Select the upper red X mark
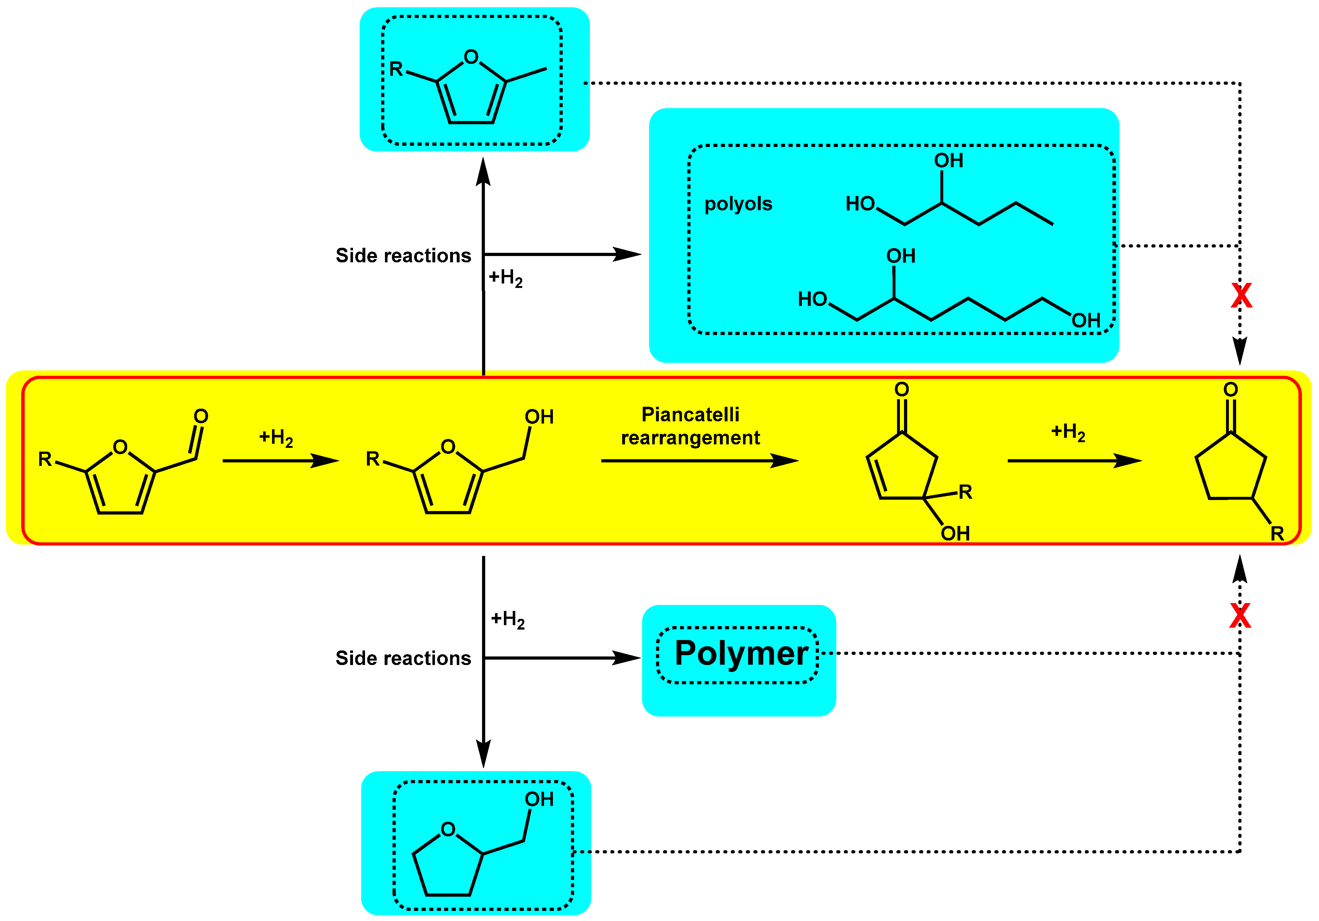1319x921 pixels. (x=1241, y=296)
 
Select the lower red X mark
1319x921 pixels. (x=1240, y=616)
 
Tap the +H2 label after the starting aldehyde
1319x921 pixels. (x=276, y=437)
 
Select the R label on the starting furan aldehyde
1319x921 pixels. (x=45, y=459)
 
